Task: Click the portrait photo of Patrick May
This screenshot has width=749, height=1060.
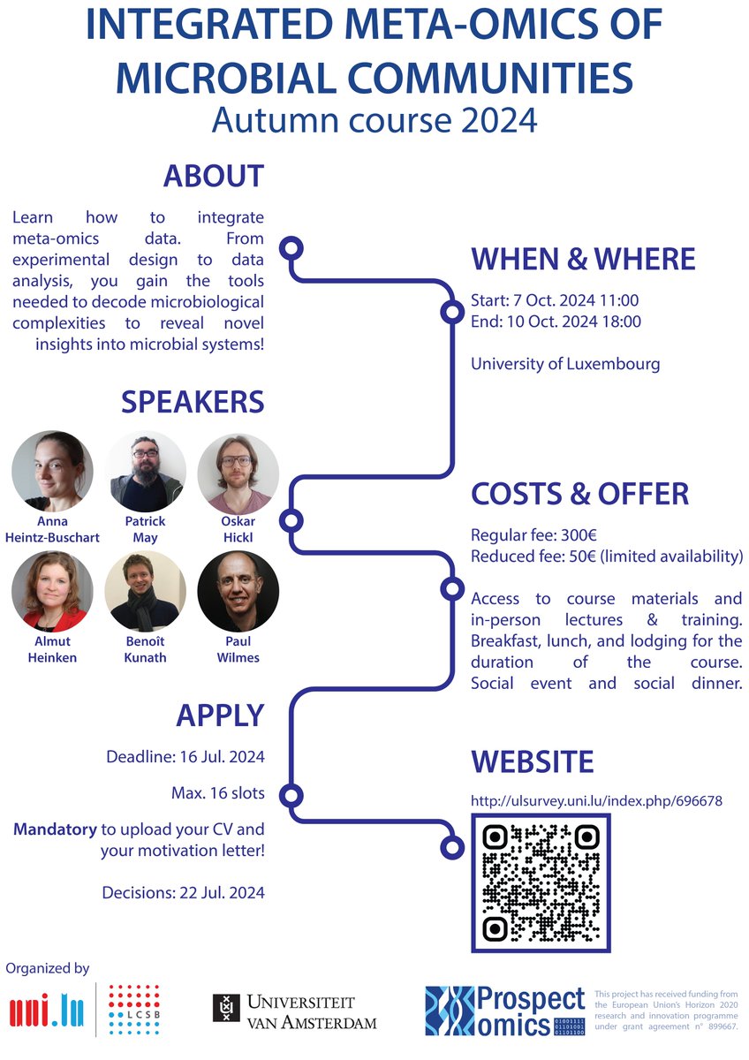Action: [x=145, y=472]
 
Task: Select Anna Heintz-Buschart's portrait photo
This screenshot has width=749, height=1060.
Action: [x=52, y=472]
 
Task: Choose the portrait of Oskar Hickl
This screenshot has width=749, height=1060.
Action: [x=238, y=472]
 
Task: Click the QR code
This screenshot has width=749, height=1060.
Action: [x=541, y=882]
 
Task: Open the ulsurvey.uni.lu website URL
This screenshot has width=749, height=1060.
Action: [x=597, y=801]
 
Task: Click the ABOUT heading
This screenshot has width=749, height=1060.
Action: [x=213, y=176]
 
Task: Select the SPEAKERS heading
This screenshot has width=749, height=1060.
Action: [x=192, y=402]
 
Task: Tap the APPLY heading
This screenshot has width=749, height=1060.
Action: [x=219, y=715]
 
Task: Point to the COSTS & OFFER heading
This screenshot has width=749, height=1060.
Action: [x=579, y=494]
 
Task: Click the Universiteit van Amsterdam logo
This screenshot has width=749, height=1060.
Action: [x=294, y=1011]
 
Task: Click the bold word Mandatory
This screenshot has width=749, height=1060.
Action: [x=55, y=830]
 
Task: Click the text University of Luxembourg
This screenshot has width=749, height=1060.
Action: [x=565, y=364]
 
